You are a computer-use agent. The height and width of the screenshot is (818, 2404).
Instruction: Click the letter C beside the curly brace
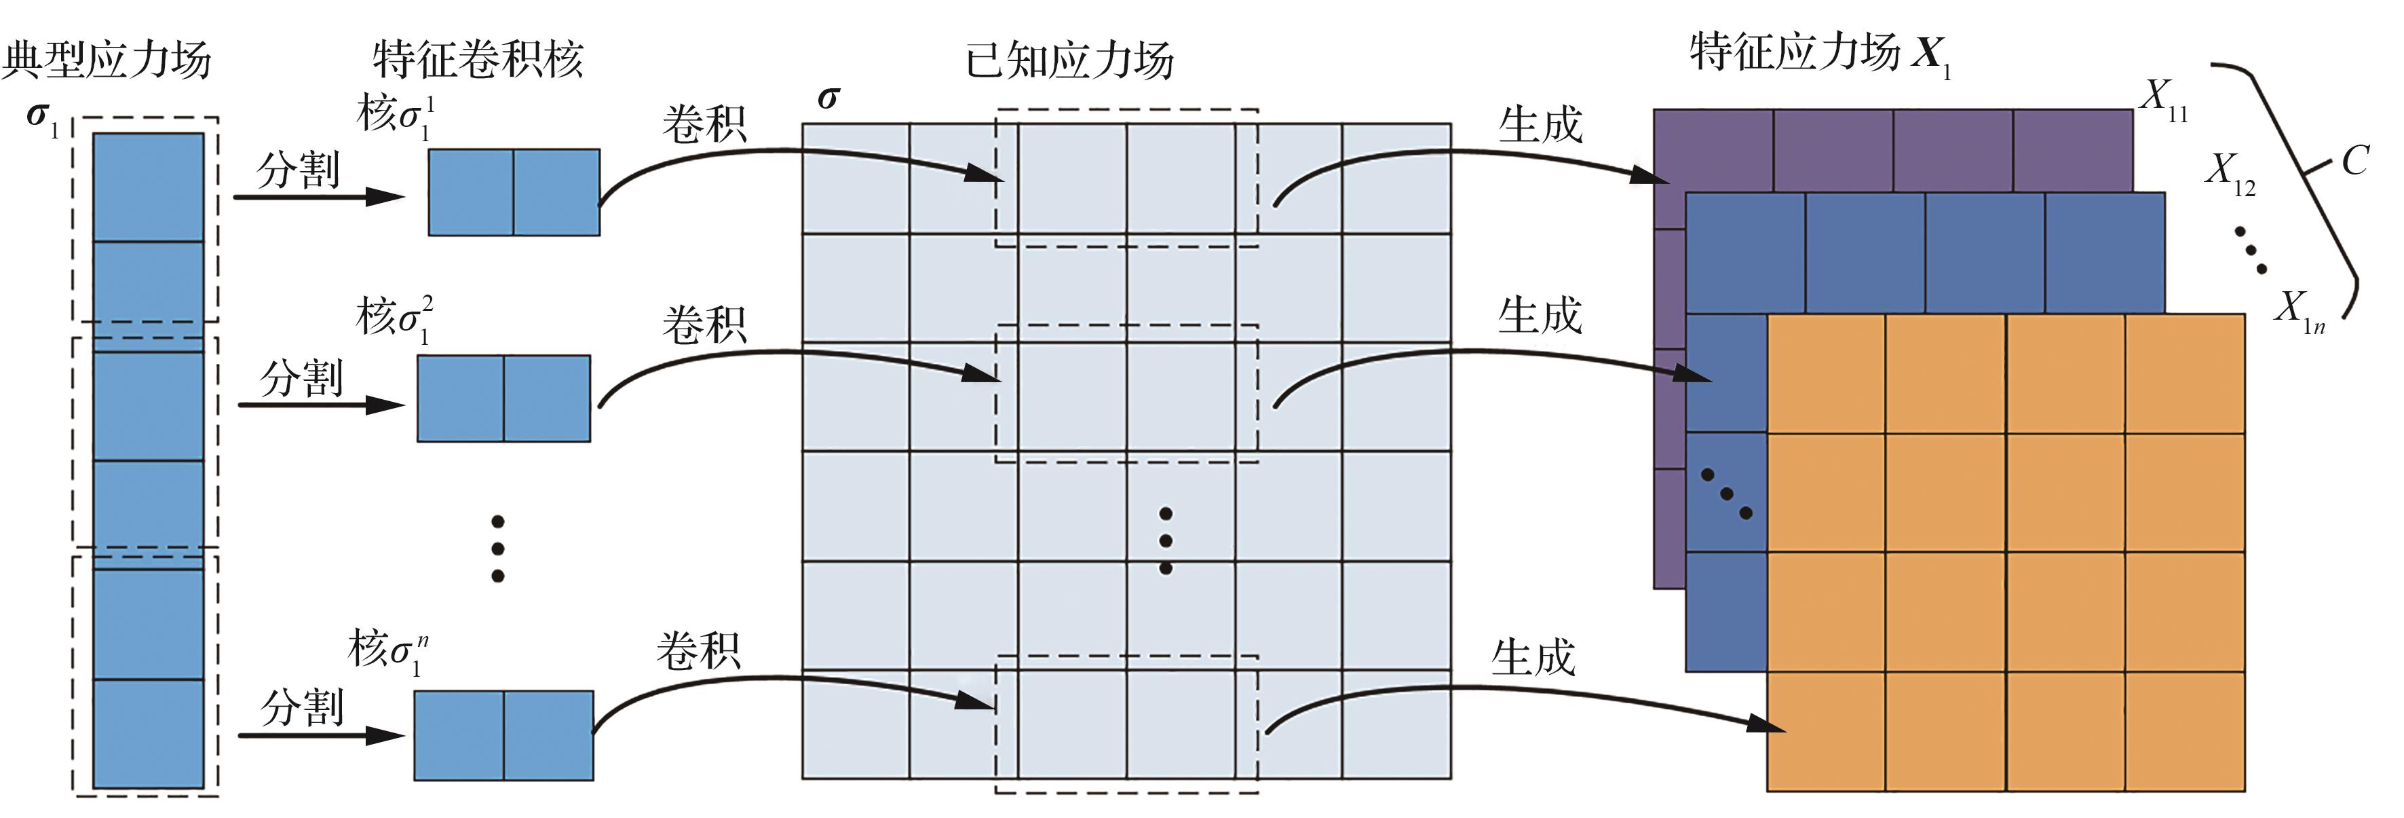click(x=2354, y=161)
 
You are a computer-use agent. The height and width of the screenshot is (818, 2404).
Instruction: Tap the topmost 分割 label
click(x=298, y=169)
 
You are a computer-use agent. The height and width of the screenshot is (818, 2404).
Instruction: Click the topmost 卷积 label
click(x=704, y=124)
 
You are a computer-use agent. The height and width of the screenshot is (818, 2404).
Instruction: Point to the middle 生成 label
click(x=1540, y=316)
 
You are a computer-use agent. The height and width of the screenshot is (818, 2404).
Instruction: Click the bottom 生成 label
click(x=1533, y=657)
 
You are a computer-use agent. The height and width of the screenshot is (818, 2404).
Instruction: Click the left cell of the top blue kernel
click(x=470, y=192)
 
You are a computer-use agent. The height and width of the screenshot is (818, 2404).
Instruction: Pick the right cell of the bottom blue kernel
click(x=549, y=735)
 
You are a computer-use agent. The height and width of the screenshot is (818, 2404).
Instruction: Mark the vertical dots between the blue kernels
click(x=497, y=548)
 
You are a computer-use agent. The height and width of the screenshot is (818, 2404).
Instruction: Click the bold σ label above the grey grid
click(x=828, y=97)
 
